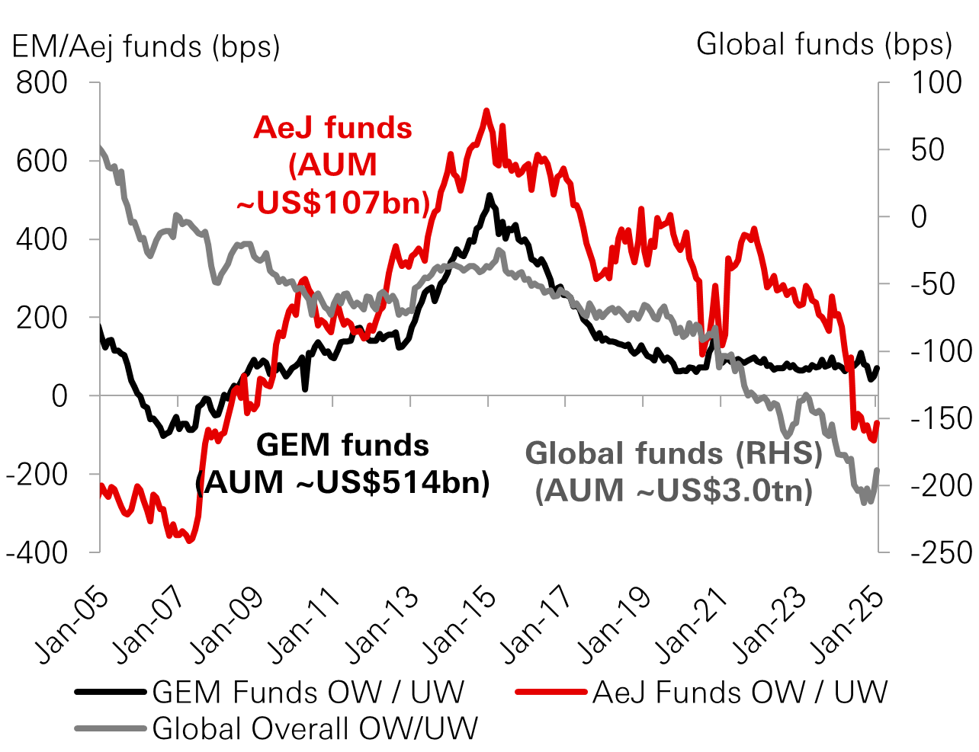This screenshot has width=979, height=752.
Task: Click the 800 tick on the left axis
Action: click(x=42, y=82)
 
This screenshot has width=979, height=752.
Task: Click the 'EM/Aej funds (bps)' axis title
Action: click(x=146, y=47)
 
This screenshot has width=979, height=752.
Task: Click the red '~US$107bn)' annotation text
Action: click(x=333, y=203)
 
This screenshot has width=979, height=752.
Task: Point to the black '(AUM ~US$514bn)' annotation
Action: click(x=343, y=482)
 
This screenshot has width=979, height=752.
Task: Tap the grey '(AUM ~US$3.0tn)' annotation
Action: click(x=674, y=490)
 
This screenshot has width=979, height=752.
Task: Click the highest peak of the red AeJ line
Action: click(x=486, y=111)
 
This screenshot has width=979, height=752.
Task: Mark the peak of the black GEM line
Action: click(x=489, y=196)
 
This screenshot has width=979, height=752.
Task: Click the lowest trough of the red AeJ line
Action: click(x=190, y=541)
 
